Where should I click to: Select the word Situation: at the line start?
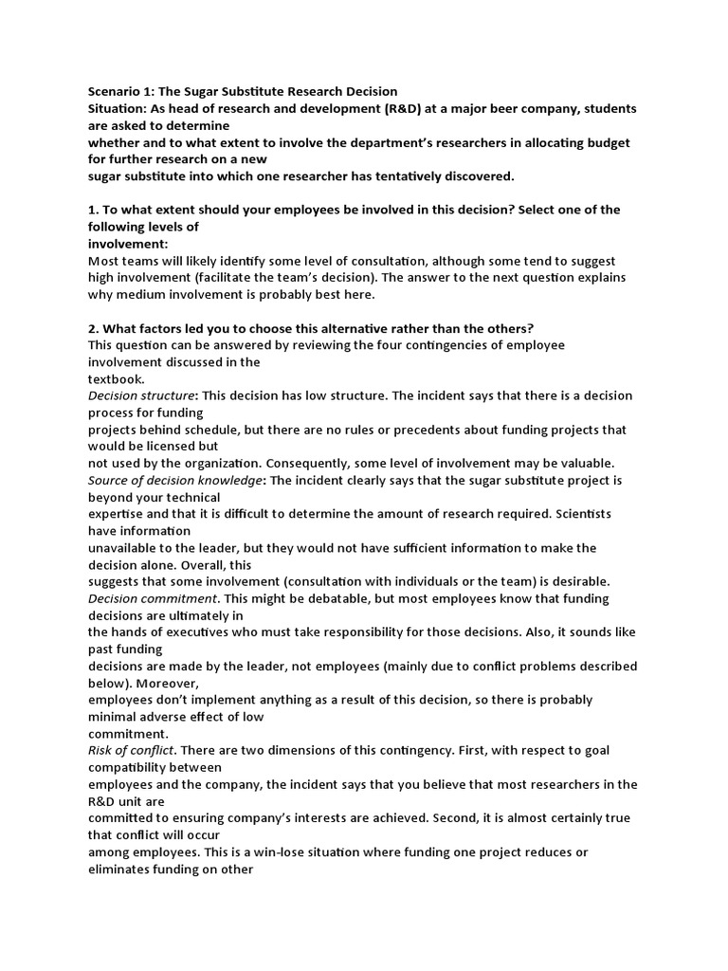tap(120, 108)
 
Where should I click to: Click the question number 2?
tap(92, 328)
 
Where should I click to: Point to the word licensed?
tap(177, 446)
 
